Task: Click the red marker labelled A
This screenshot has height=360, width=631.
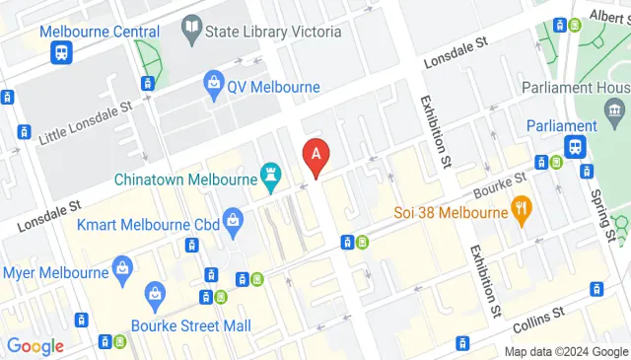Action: (x=315, y=155)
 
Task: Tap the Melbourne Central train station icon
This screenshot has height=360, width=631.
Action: (x=61, y=52)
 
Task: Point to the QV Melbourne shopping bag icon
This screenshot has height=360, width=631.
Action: (x=212, y=86)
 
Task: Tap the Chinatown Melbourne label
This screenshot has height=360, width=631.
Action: (x=183, y=180)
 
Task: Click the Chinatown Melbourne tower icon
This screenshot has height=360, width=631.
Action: (x=268, y=177)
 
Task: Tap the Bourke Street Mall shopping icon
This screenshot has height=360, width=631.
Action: (x=155, y=292)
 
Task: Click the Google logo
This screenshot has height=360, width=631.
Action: (x=35, y=346)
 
